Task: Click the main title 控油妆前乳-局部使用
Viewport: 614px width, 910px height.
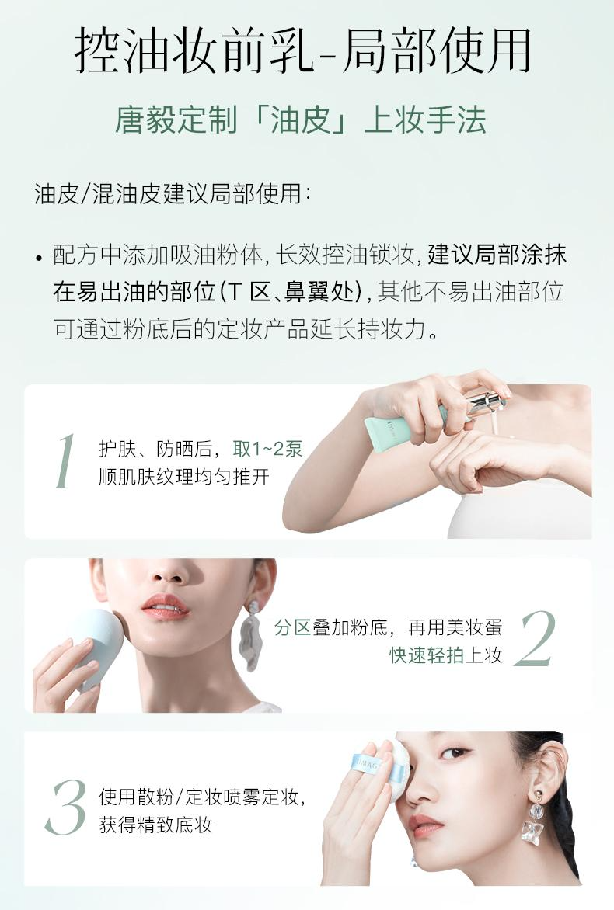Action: (x=302, y=50)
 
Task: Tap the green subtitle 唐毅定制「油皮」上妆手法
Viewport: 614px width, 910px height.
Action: (x=300, y=120)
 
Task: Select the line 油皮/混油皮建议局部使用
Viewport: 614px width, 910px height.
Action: (x=173, y=193)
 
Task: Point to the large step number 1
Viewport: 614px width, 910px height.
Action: (x=65, y=460)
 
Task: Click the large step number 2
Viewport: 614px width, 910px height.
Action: (x=535, y=639)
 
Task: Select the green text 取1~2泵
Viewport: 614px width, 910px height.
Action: (x=267, y=449)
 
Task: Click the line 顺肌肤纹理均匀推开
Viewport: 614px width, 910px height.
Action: (x=184, y=477)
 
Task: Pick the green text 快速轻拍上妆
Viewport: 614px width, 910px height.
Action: (x=445, y=655)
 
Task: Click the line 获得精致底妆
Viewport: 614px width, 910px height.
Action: (x=155, y=825)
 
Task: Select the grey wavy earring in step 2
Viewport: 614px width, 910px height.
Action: (x=253, y=634)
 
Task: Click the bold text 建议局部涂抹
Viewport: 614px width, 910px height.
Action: (x=497, y=255)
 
